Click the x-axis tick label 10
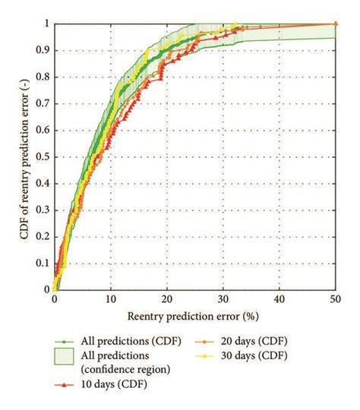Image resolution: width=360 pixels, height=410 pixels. pyautogui.click(x=110, y=301)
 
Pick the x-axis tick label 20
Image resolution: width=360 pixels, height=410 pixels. pyautogui.click(x=166, y=301)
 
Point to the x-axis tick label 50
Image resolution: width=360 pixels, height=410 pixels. pyautogui.click(x=335, y=301)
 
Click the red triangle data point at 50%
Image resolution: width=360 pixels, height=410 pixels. pyautogui.click(x=335, y=24)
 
